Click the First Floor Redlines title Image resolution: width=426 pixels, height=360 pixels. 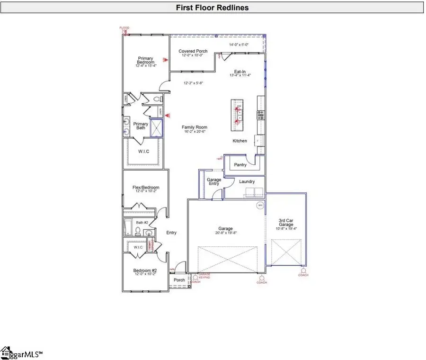(212, 8)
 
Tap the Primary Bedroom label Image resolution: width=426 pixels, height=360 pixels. (146, 61)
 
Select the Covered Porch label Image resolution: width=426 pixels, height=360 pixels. (193, 51)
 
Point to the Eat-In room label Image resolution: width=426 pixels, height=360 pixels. (240, 72)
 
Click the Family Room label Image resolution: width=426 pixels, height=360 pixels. (195, 127)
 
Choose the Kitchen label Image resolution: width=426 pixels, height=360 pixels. (240, 141)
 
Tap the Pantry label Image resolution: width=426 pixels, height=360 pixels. (240, 165)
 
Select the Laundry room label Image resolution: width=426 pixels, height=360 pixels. (247, 181)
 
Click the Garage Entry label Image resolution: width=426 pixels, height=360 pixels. (214, 182)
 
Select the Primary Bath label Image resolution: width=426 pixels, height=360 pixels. (141, 126)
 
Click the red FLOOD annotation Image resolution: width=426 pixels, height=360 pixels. (124, 28)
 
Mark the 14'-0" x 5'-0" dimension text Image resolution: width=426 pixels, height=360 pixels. (239, 45)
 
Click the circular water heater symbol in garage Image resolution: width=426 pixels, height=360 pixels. (260, 206)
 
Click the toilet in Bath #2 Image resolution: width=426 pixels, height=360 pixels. (138, 231)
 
